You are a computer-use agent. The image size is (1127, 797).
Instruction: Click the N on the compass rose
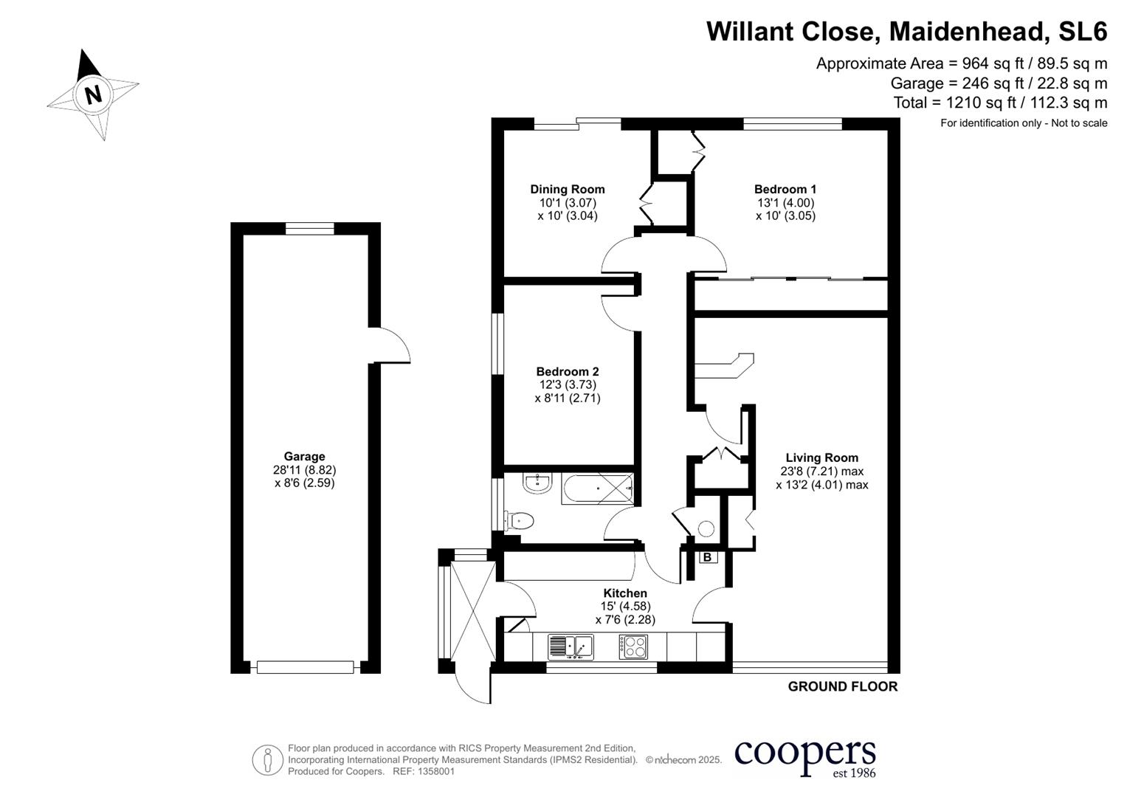[x=93, y=95]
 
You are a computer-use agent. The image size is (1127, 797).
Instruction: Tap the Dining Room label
[x=567, y=190]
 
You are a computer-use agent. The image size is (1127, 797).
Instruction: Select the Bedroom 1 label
[x=785, y=190]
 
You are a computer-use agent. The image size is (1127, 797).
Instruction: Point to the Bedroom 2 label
[x=567, y=372]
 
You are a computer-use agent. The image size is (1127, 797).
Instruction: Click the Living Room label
[x=821, y=458]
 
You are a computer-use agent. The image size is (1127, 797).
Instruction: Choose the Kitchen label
[x=625, y=593]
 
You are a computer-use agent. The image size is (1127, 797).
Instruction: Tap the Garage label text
[x=304, y=457]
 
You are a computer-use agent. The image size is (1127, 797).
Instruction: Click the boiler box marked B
[x=707, y=557]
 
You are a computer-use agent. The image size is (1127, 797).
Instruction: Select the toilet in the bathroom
[x=519, y=521]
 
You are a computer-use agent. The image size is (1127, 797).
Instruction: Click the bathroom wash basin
[x=537, y=484]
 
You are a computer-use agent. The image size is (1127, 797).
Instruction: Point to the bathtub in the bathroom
[x=597, y=489]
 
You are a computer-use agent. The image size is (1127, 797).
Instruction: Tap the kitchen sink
[x=571, y=646]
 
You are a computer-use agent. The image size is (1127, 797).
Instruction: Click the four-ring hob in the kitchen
[x=633, y=646]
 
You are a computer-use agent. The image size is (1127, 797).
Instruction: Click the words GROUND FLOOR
[x=842, y=686]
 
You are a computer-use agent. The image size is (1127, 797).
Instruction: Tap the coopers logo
[x=804, y=756]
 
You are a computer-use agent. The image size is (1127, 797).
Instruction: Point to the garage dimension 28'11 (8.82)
[x=304, y=470]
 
